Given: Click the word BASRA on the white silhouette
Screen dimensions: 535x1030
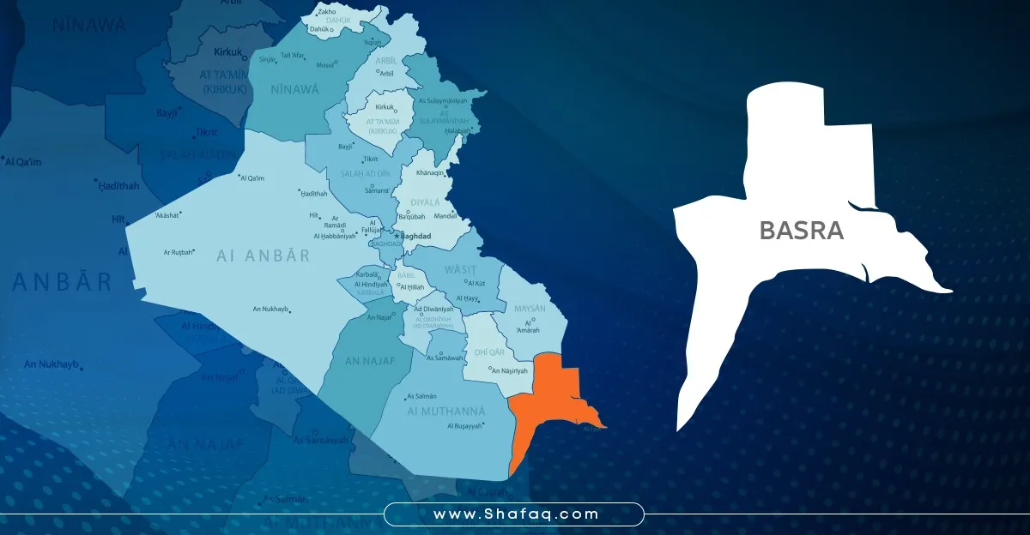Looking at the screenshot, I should tap(801, 231).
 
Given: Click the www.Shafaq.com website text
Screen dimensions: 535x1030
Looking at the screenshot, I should tap(514, 514).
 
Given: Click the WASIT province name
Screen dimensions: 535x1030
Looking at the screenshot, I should tap(458, 269).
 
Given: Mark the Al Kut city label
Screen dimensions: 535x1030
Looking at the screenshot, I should tap(476, 282).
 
